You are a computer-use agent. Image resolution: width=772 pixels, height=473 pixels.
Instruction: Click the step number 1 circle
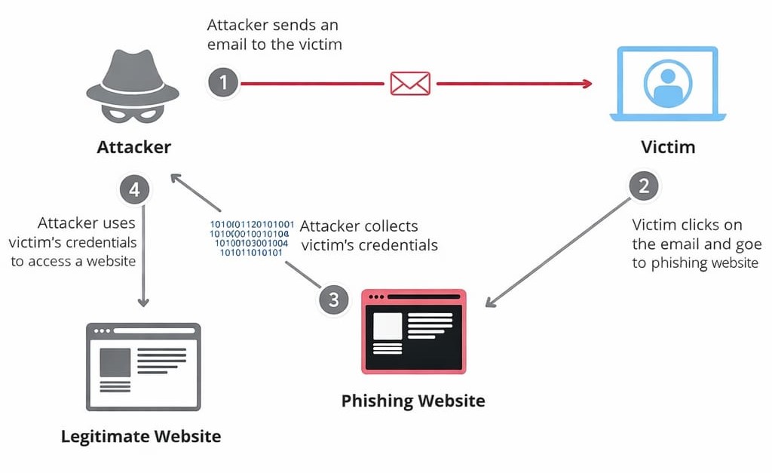223,82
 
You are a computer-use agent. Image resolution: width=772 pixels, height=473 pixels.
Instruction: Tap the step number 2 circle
643,186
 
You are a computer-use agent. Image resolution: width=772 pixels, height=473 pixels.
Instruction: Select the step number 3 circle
334,299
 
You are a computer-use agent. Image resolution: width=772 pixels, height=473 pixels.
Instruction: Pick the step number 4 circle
135,189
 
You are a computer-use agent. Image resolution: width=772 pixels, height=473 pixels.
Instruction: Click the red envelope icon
410,83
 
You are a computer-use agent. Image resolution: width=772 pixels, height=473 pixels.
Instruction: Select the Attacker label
134,147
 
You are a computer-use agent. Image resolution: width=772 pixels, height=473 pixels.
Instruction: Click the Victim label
668,147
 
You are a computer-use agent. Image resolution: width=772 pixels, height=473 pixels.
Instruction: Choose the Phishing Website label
413,400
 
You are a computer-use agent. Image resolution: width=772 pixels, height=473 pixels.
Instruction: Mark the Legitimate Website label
141,436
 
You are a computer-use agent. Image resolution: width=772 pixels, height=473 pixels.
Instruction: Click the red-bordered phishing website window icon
414,331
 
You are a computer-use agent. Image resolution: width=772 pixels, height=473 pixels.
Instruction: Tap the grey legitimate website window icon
143,367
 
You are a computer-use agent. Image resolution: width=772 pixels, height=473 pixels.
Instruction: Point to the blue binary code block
252,238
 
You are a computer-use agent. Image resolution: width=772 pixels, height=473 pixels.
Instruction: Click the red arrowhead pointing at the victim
587,83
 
